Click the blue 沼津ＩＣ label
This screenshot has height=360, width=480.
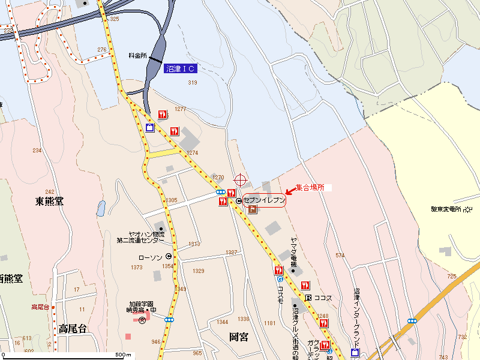[x=180, y=69]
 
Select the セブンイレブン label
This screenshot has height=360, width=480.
[x=264, y=201]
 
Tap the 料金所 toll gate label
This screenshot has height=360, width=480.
[x=137, y=55]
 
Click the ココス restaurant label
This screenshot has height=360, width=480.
[x=323, y=298]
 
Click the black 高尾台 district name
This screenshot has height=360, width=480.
[x=73, y=328]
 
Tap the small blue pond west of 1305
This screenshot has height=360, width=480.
[x=101, y=208]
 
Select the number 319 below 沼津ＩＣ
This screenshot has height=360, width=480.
[x=193, y=82]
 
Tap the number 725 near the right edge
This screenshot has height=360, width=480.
[x=452, y=277]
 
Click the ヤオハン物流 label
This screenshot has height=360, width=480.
[x=143, y=234]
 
